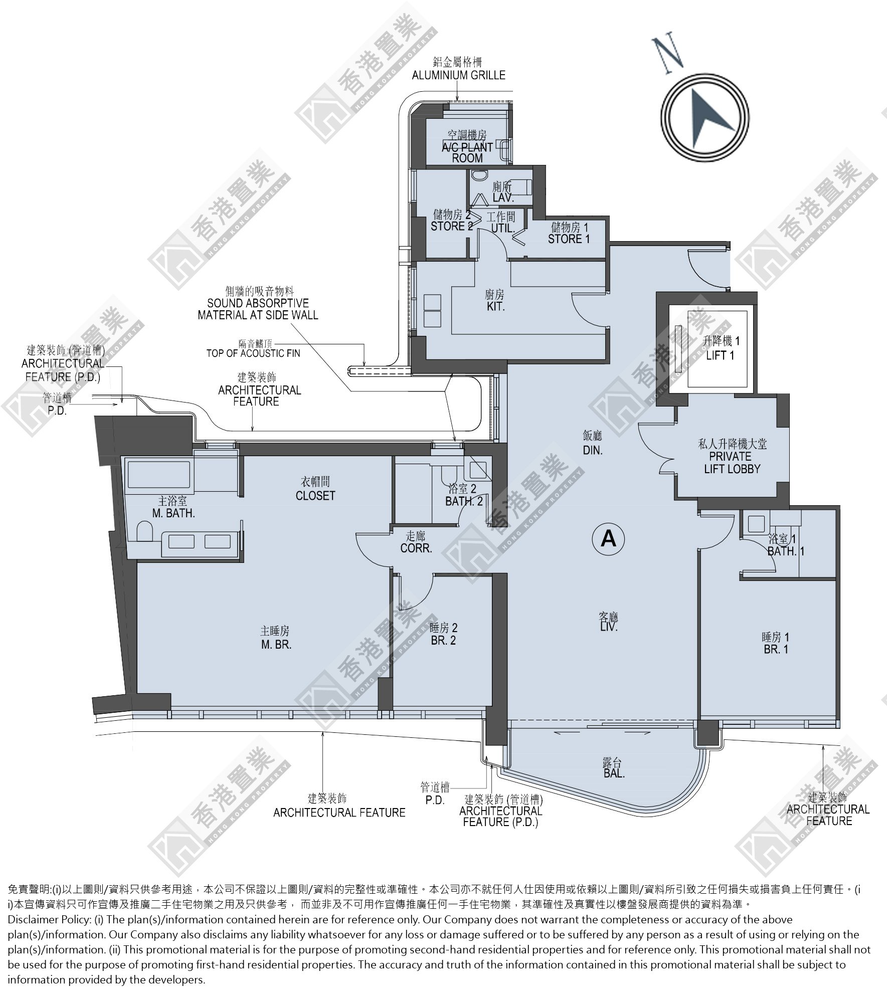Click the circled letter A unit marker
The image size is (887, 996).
click(x=608, y=538)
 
